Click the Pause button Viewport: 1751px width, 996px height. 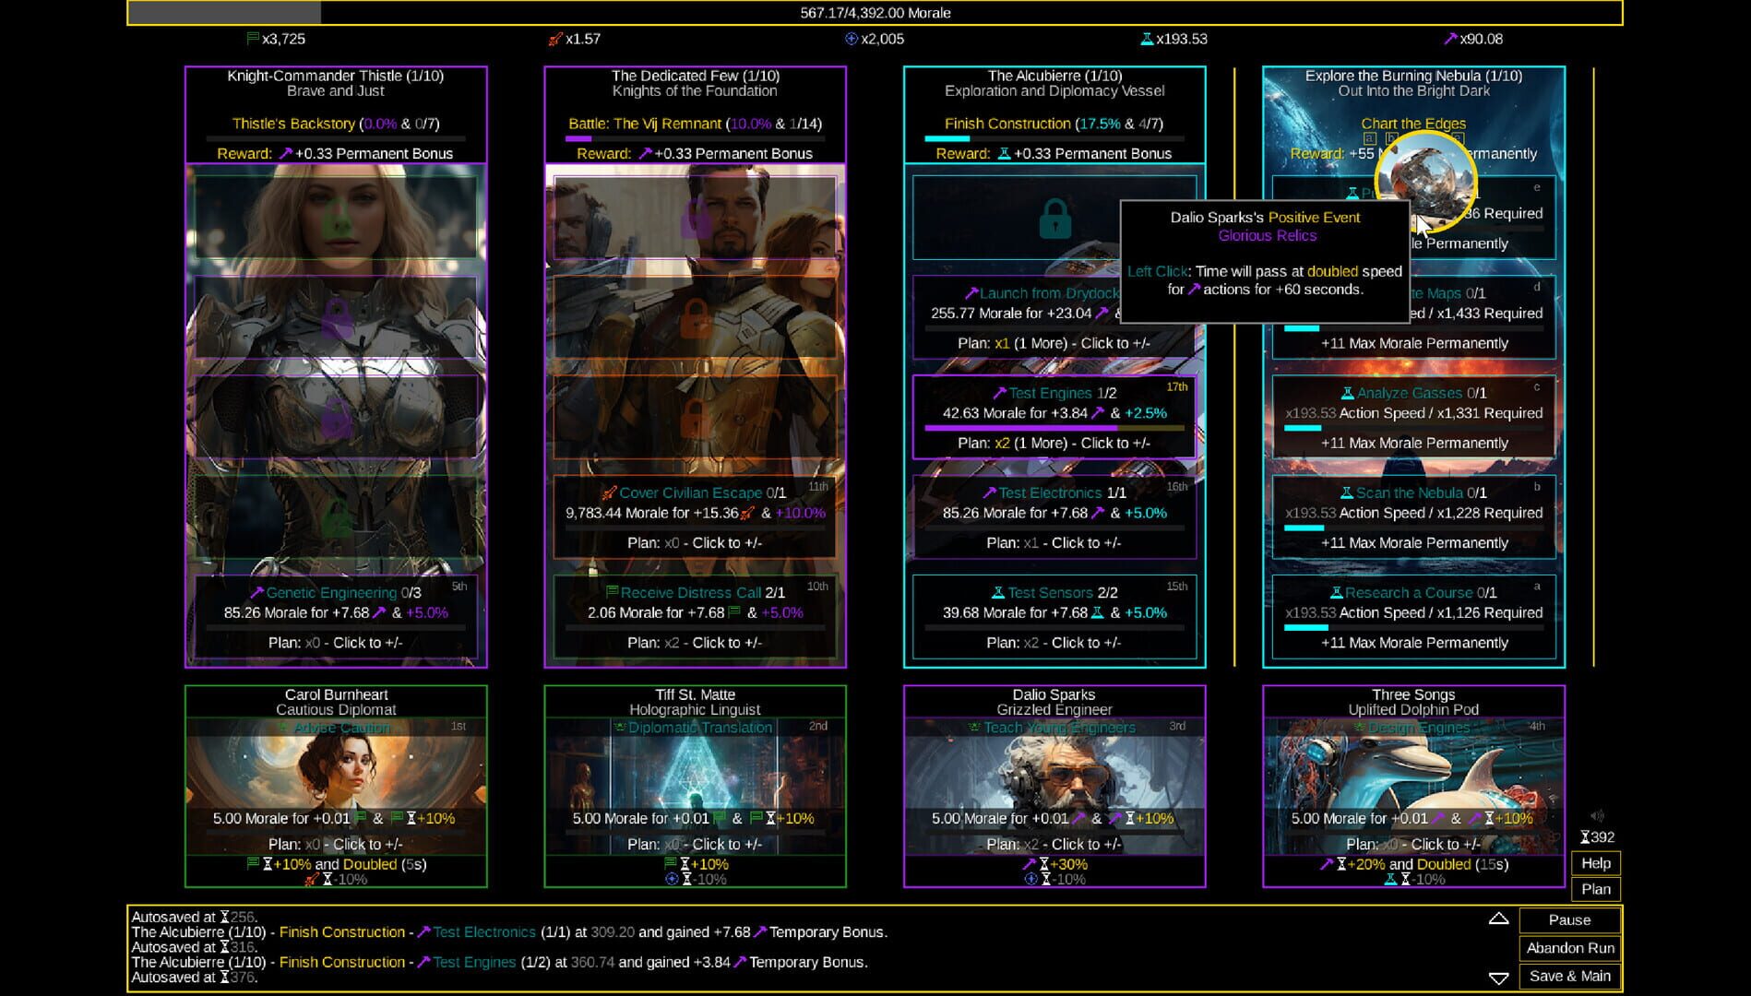[x=1569, y=919]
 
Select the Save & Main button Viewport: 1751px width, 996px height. [x=1569, y=976]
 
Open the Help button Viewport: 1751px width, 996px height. [x=1595, y=863]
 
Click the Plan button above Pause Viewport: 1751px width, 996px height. [x=1595, y=889]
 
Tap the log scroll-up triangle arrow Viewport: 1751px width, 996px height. [x=1498, y=919]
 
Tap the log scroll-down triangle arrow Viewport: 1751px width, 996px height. [x=1498, y=978]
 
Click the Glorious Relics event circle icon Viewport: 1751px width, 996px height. [x=1423, y=181]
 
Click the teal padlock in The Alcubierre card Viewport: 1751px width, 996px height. [x=1054, y=219]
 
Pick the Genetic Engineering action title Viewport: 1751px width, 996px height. [x=330, y=592]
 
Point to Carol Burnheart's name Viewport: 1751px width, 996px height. [x=336, y=694]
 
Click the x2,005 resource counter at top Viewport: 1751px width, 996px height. [x=881, y=39]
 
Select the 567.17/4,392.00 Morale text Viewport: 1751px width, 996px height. [x=875, y=13]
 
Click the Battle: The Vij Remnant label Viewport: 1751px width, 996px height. [x=645, y=124]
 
